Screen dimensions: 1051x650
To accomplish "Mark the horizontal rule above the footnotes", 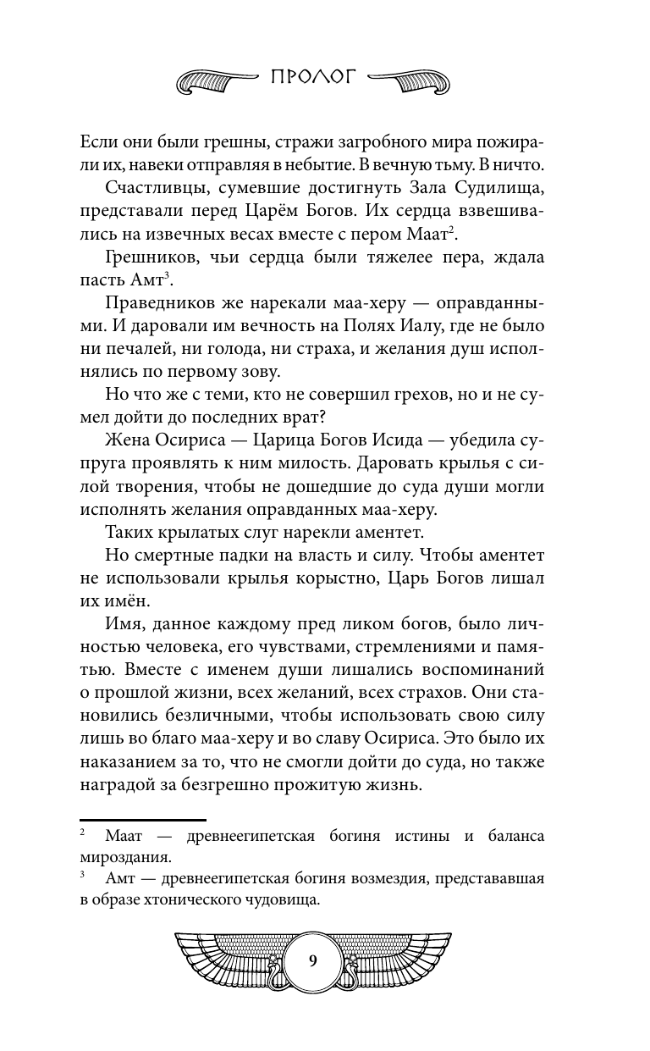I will [143, 821].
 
